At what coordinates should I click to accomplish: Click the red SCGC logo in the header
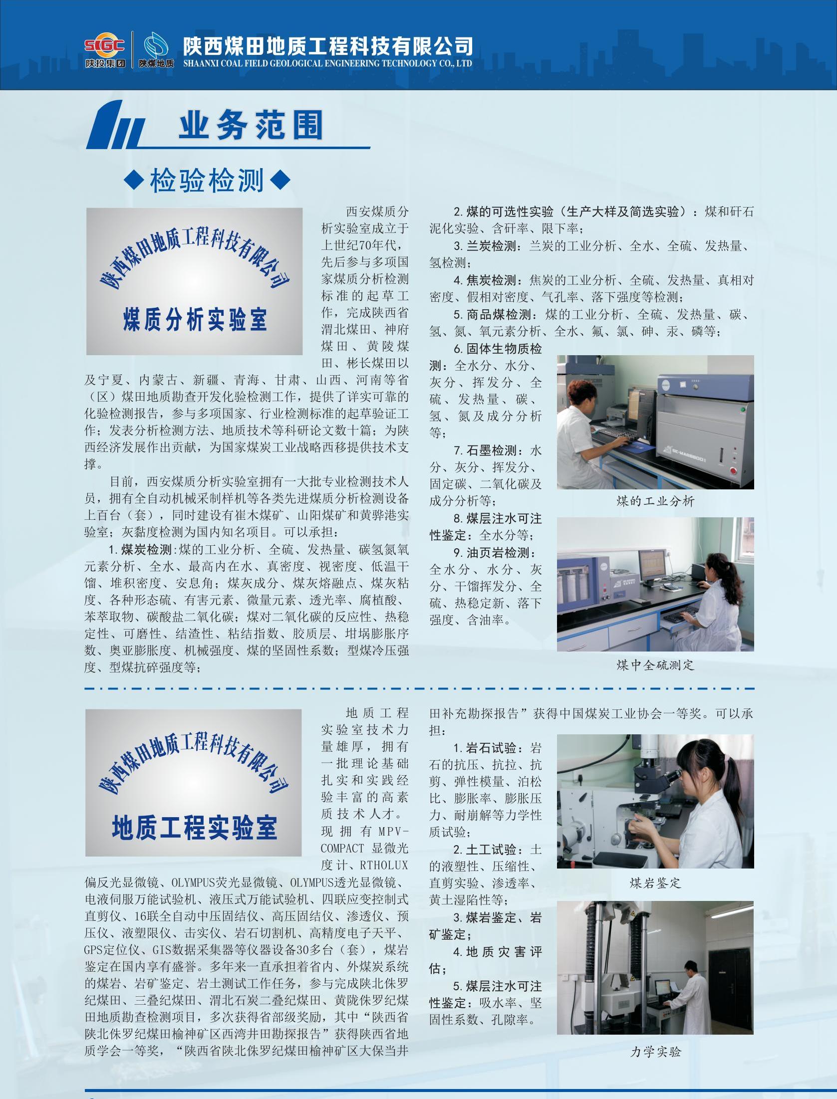point(104,46)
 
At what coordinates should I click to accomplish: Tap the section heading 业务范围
point(251,125)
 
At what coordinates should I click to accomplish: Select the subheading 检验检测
point(207,181)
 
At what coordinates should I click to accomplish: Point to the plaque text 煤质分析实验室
point(195,320)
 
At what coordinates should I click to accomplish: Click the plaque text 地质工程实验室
point(194,828)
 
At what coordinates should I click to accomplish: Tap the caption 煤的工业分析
point(655,501)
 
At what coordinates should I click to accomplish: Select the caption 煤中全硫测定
point(655,665)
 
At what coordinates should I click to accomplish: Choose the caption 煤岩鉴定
point(655,883)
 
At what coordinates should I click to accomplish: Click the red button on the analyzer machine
point(733,470)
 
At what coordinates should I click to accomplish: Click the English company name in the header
point(327,63)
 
